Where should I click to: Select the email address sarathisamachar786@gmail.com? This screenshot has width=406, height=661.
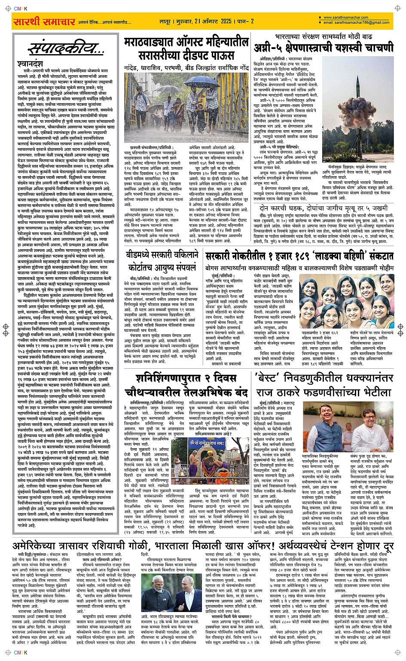(356, 23)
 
